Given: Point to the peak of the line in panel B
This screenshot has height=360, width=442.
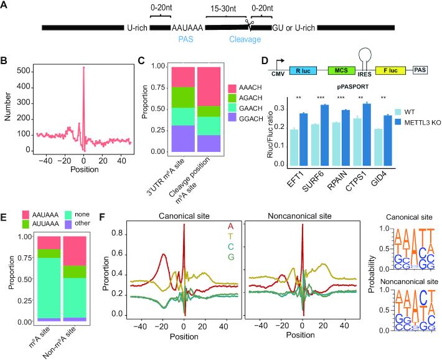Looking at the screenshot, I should click(83, 67).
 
